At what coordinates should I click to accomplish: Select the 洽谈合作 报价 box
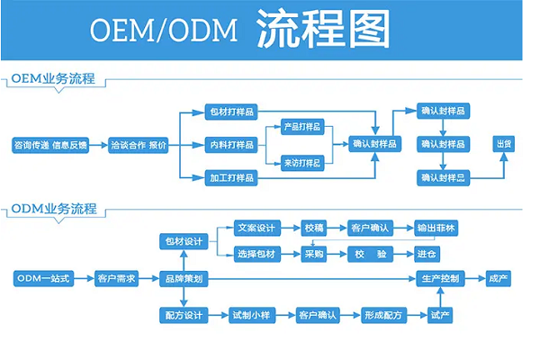pos(138,144)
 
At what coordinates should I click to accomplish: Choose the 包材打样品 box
pos(231,112)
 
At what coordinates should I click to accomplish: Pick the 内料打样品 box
pos(231,144)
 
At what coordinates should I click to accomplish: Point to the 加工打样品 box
pos(231,176)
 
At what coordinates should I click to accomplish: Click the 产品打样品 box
pos(302,126)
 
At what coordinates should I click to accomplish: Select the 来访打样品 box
pos(302,163)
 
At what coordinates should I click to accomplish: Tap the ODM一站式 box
pos(42,279)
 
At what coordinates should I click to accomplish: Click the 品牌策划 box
pos(184,279)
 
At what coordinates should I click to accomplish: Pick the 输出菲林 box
pos(438,228)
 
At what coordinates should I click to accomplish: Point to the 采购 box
pos(314,255)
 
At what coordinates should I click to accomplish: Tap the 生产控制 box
pos(441,279)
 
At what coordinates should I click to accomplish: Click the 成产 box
pos(498,279)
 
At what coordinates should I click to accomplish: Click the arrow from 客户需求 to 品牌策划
pos(150,279)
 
